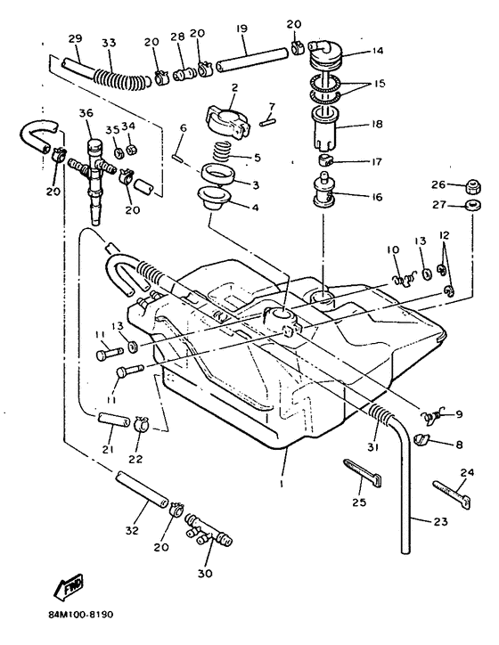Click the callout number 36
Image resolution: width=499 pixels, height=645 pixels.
[x=86, y=113]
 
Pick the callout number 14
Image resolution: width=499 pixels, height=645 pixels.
[x=378, y=50]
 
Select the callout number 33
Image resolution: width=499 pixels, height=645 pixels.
[x=109, y=42]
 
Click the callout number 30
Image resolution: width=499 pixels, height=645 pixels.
[x=204, y=574]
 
